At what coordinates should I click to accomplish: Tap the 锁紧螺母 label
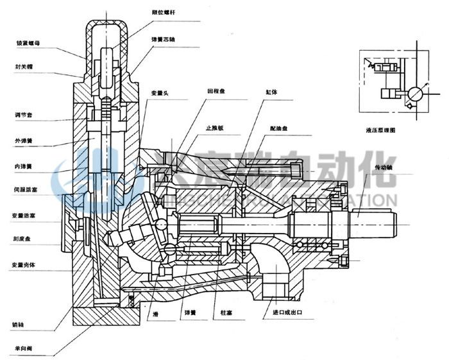[x=27, y=44]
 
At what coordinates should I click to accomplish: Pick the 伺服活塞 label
[x=27, y=191]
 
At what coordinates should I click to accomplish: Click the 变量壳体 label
[x=27, y=264]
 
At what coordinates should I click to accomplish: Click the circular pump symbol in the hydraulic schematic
[x=414, y=94]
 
